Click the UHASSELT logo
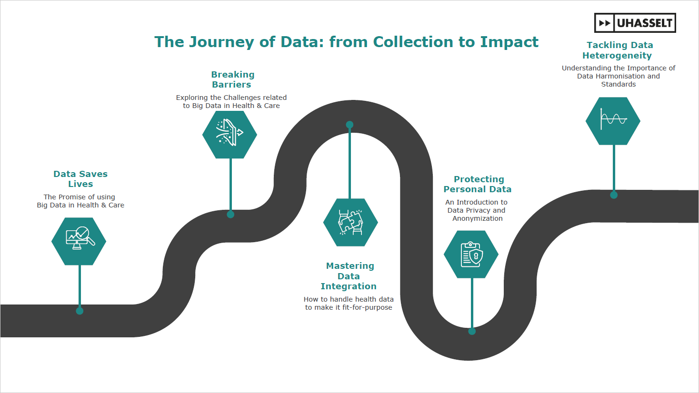click(x=635, y=23)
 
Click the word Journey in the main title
click(x=221, y=42)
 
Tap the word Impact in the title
click(x=509, y=42)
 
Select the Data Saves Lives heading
click(x=80, y=179)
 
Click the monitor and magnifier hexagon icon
click(x=79, y=241)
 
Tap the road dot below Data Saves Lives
click(x=80, y=311)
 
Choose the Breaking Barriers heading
click(x=232, y=79)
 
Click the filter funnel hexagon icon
click(x=230, y=135)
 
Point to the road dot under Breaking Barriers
click(x=230, y=214)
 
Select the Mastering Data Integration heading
click(x=349, y=276)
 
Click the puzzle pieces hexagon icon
click(x=351, y=222)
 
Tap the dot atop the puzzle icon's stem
click(x=349, y=125)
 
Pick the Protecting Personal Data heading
click(x=478, y=184)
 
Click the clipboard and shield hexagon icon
click(x=471, y=254)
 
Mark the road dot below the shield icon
click(x=472, y=331)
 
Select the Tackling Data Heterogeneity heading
click(x=618, y=50)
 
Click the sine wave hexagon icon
click(x=613, y=121)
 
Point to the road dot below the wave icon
click(x=614, y=195)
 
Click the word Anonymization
click(x=478, y=219)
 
